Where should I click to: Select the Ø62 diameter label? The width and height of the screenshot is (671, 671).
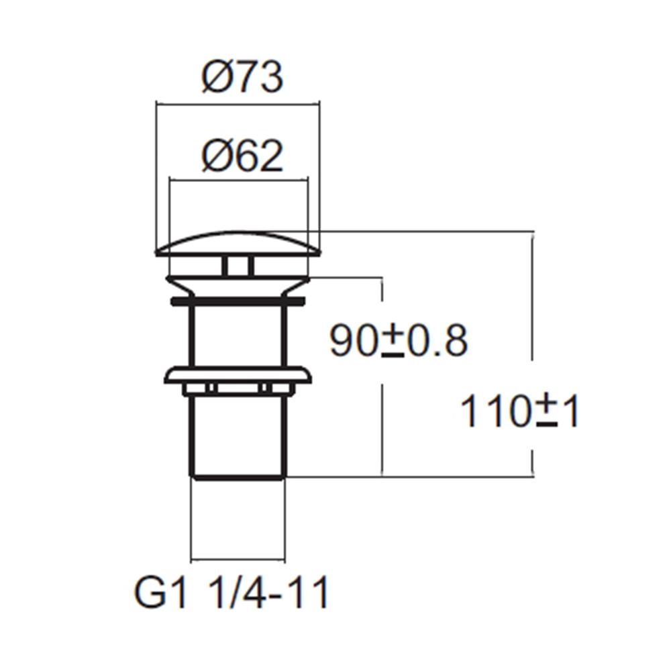(x=242, y=156)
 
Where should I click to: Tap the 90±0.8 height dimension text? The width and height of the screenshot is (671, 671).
(x=398, y=342)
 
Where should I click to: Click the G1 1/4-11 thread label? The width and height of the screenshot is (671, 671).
(x=231, y=593)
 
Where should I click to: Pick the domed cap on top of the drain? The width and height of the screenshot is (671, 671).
(x=238, y=244)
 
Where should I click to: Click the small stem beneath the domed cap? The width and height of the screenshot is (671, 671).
(x=238, y=266)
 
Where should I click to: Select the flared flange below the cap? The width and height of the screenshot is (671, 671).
(x=238, y=285)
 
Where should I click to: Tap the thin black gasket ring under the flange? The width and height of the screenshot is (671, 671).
(x=238, y=301)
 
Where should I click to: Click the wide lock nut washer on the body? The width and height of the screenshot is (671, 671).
(x=238, y=374)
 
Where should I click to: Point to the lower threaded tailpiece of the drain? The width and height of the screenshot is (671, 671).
(x=238, y=433)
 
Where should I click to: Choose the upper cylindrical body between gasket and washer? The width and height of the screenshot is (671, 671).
(x=238, y=335)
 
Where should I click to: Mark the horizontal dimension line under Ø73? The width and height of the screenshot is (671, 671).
(x=238, y=104)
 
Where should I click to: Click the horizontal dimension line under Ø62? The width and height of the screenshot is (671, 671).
(x=238, y=179)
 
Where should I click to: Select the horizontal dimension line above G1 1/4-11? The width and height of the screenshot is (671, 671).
(x=238, y=560)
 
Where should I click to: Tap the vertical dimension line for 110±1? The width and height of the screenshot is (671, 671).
(x=533, y=302)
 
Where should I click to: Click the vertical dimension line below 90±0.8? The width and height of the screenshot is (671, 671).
(x=382, y=429)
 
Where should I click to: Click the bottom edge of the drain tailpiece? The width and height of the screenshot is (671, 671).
(x=238, y=477)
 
